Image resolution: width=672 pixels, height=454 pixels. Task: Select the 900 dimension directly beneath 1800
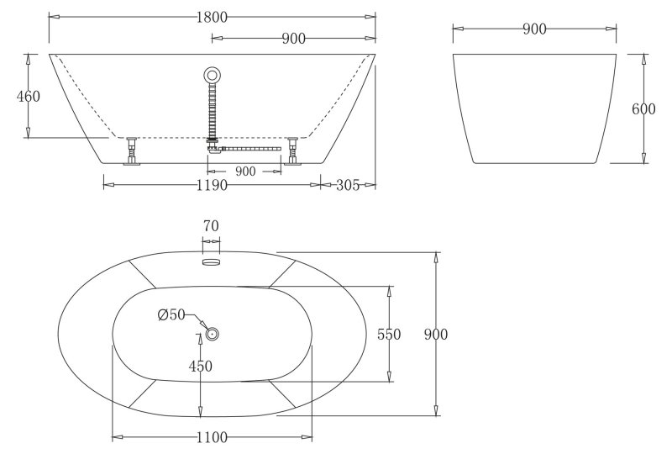293,38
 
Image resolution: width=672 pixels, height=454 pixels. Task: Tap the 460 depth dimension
29,96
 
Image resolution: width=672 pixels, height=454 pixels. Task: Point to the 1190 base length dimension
212,185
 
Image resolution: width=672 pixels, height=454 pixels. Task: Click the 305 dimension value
348,185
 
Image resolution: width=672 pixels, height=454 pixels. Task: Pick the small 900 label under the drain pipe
245,171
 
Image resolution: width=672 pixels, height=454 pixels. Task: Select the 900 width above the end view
534,29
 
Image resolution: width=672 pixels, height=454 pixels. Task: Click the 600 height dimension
643,109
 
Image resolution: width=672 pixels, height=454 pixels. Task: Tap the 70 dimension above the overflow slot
211,225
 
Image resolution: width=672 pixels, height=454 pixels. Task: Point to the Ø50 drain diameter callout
172,315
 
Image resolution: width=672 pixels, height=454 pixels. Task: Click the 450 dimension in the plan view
200,366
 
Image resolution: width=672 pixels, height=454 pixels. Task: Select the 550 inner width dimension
390,334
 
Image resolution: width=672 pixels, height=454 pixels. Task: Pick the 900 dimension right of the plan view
435,334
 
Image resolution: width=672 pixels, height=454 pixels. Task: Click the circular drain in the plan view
212,334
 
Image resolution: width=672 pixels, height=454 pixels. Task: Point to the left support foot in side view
130,152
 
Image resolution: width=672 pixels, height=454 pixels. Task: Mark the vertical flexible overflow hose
213,109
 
